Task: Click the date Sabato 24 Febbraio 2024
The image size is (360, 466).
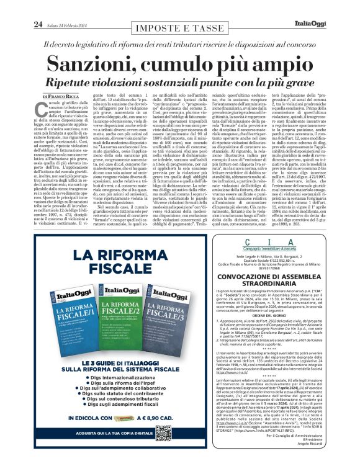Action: pos(63,7)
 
